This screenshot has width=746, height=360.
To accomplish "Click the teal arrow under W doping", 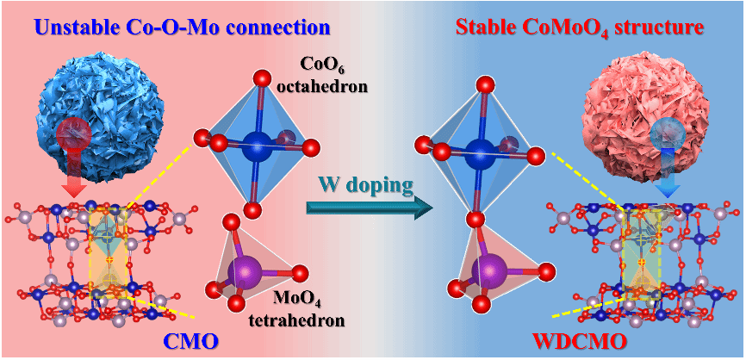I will (367, 207).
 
